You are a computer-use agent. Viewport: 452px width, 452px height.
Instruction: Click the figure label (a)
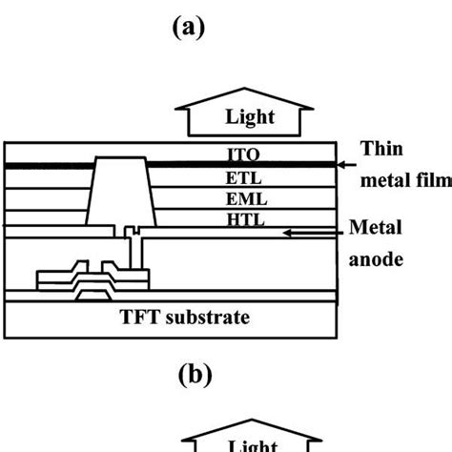(187, 29)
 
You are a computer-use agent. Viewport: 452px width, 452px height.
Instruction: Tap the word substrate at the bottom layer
(205, 318)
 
